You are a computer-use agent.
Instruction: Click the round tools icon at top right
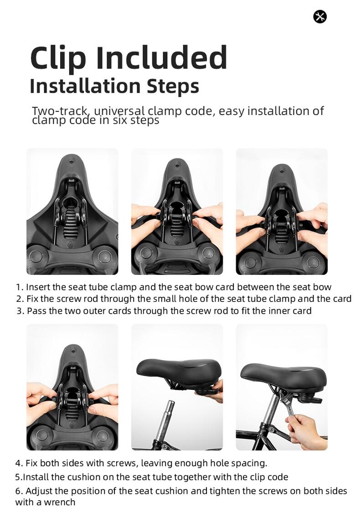[x=320, y=17]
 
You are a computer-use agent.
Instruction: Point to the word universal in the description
[x=119, y=111]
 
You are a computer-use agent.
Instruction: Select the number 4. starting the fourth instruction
[x=19, y=463]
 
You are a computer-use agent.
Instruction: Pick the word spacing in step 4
[x=250, y=463]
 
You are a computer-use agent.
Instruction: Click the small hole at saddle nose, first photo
[x=72, y=161]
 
